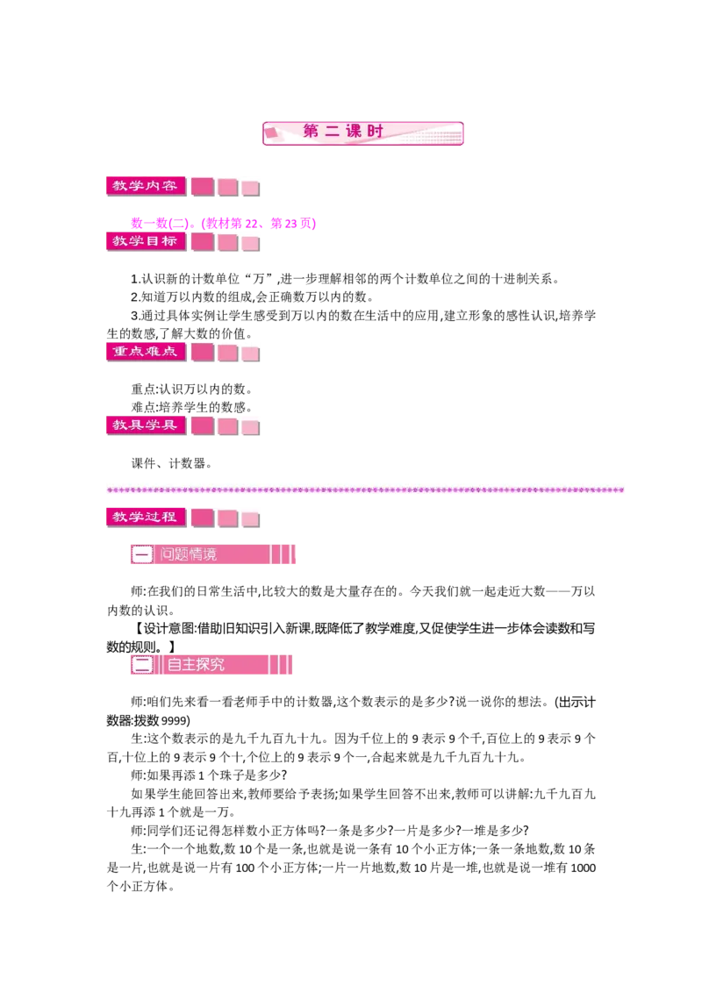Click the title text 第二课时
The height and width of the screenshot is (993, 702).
tap(344, 132)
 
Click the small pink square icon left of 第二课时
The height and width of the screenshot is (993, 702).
tap(271, 132)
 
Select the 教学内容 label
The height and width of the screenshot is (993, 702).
tap(145, 186)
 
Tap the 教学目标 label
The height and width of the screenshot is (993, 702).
tap(145, 240)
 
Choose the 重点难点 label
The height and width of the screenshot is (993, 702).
tap(145, 351)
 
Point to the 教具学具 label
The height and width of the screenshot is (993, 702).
tap(145, 425)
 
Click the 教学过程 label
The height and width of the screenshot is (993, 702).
tap(145, 517)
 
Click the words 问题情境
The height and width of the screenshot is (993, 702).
tap(189, 554)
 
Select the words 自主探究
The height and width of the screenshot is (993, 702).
tap(196, 665)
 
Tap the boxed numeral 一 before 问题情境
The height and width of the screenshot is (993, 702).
tap(142, 554)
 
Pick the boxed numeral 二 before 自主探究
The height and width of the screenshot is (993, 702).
tap(142, 665)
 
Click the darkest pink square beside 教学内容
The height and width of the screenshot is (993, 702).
tap(203, 187)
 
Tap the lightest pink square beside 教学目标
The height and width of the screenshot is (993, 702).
tap(250, 242)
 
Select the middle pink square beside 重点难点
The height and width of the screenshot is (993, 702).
tap(228, 353)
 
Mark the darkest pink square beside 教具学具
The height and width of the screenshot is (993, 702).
tap(203, 426)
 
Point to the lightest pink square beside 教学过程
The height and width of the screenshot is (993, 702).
tap(250, 518)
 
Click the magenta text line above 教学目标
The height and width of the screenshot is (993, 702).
tap(221, 223)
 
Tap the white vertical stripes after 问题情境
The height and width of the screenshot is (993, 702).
tap(281, 554)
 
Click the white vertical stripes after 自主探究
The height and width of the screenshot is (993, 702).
tap(278, 665)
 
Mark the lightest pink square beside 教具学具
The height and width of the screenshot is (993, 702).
tap(250, 427)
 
